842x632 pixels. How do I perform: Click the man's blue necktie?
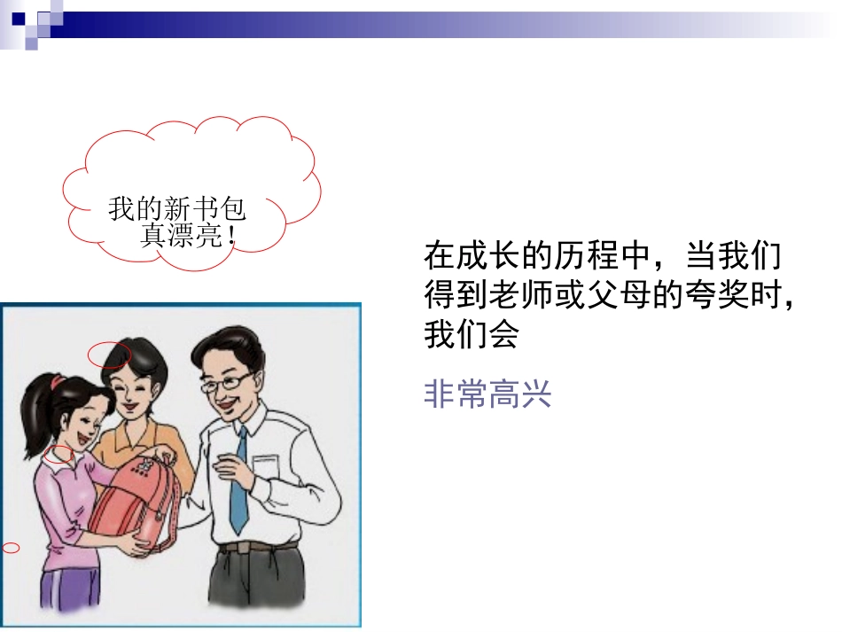(x=238, y=480)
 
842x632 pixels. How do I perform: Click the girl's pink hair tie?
(x=57, y=383)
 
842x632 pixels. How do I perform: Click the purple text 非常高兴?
(x=487, y=394)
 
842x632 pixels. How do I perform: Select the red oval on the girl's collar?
(x=58, y=454)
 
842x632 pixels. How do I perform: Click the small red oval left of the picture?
(x=11, y=548)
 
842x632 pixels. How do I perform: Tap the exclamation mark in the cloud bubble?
(x=231, y=237)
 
